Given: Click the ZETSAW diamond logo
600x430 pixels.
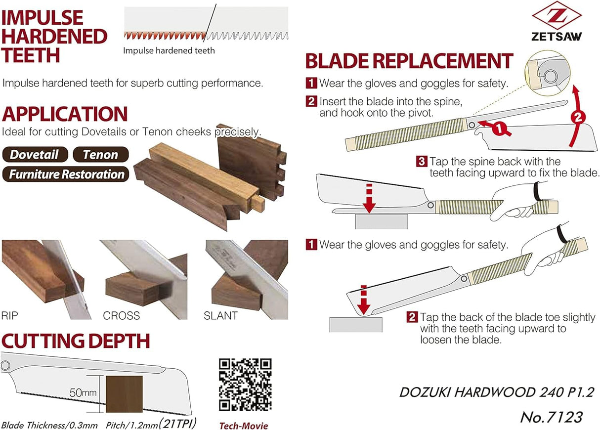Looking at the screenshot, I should click(556, 16).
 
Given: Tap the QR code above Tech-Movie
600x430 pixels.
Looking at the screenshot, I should click(245, 385).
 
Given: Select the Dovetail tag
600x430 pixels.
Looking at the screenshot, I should click(35, 155).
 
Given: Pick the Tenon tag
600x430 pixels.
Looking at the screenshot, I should click(101, 155).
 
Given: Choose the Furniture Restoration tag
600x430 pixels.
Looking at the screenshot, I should click(66, 174).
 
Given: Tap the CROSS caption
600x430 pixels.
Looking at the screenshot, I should click(122, 315).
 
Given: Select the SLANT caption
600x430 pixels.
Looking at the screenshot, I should click(221, 315).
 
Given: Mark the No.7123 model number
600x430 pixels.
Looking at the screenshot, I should click(551, 416).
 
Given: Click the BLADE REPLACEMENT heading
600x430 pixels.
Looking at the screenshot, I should click(409, 61).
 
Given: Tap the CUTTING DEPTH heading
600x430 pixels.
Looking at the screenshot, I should click(76, 341).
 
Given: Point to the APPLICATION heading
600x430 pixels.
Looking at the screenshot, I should click(65, 114).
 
